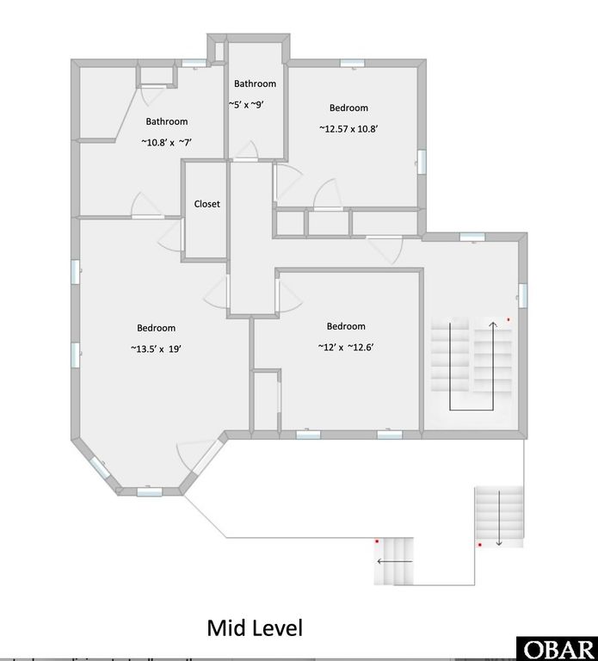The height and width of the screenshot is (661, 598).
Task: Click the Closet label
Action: [x=207, y=204]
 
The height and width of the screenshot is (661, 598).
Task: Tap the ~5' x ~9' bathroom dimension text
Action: [x=256, y=105]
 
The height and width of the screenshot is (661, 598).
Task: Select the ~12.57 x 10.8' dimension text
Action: [x=348, y=129]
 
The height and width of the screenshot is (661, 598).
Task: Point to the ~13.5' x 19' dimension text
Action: [x=156, y=349]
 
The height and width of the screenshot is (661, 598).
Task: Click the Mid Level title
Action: [x=255, y=628]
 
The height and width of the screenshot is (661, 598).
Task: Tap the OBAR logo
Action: [x=557, y=648]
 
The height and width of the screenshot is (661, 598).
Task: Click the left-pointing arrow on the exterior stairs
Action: [x=394, y=561]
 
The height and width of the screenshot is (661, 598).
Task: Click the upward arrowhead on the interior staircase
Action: [x=492, y=325]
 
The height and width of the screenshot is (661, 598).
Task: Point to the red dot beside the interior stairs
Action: [x=509, y=320]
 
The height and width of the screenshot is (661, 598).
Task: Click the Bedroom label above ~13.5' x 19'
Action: [x=156, y=328]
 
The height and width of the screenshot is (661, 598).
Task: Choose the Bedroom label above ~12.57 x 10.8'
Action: [x=348, y=108]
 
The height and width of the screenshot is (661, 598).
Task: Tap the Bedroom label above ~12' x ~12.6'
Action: [x=346, y=326]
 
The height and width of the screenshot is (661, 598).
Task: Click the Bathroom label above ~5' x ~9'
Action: [x=256, y=83]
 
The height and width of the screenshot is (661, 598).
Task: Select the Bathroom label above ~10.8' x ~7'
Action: [x=166, y=121]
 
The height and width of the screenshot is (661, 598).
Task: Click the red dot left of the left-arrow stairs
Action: [x=377, y=541]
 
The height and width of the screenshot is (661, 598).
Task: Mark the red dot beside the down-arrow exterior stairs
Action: [x=479, y=545]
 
